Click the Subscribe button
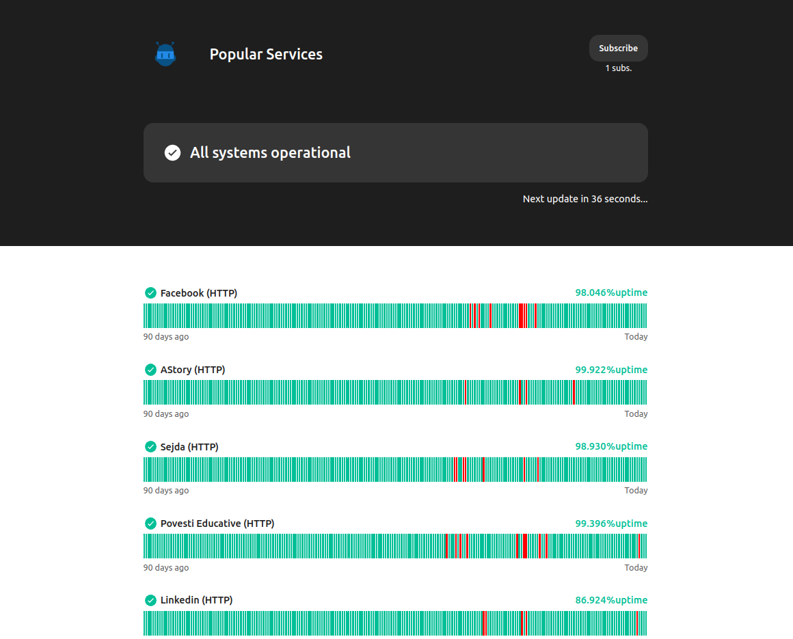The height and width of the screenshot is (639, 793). click(x=618, y=49)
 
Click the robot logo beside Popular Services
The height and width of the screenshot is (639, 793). click(x=165, y=54)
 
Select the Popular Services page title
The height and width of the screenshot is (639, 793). click(x=266, y=55)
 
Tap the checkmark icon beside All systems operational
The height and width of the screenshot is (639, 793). click(x=173, y=152)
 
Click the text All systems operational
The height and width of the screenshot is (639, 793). click(x=270, y=152)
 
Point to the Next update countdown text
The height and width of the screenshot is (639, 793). click(x=584, y=199)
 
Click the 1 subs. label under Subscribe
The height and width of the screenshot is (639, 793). click(x=618, y=68)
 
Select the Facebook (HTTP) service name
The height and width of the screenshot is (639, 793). click(x=198, y=293)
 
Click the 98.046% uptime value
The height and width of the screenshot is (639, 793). click(x=610, y=293)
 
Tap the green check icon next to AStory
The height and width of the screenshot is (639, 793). click(x=150, y=370)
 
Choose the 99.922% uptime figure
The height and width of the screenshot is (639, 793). click(x=610, y=370)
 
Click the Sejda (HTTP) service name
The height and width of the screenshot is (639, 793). click(x=189, y=447)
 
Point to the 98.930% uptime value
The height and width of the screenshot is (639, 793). click(x=610, y=446)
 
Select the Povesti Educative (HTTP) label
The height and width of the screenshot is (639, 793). click(x=217, y=524)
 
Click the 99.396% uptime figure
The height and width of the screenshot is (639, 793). click(x=610, y=524)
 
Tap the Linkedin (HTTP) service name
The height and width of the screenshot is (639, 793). click(x=196, y=600)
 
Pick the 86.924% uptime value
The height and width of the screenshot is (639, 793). click(x=610, y=600)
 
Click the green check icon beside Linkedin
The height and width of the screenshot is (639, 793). click(x=150, y=600)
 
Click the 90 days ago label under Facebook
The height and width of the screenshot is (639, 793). click(x=166, y=337)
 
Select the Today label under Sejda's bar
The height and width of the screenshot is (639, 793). click(x=636, y=491)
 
